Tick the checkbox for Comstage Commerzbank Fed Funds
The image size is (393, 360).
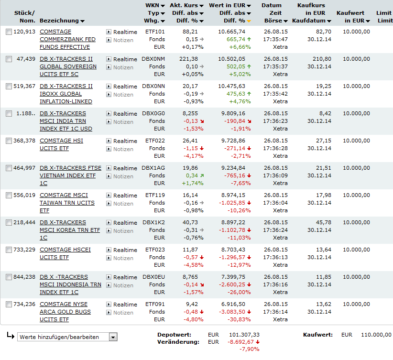point(9,32)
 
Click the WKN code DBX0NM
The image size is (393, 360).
point(153,59)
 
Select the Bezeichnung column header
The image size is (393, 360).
point(59,21)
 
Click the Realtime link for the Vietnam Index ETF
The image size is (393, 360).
point(125,168)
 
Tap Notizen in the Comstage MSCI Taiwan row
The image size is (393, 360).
point(123,204)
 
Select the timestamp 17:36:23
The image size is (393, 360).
point(275,121)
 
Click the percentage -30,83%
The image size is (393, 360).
point(240,319)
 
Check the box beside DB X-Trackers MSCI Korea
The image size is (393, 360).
point(9,222)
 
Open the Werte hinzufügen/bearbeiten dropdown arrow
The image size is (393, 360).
point(113,337)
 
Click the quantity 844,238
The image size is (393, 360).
point(24,277)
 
